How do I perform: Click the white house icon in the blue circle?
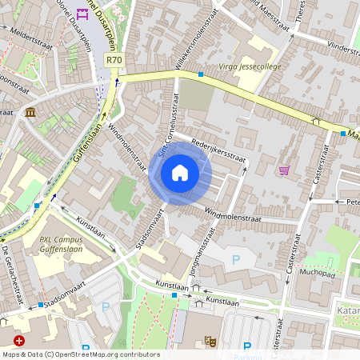[180, 172]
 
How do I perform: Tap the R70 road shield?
[115, 60]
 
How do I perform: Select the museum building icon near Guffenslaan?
[30, 111]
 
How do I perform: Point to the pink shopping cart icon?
[284, 170]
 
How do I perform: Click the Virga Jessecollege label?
[250, 67]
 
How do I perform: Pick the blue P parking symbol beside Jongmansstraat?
[235, 260]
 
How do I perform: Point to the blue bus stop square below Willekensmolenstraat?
[200, 74]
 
